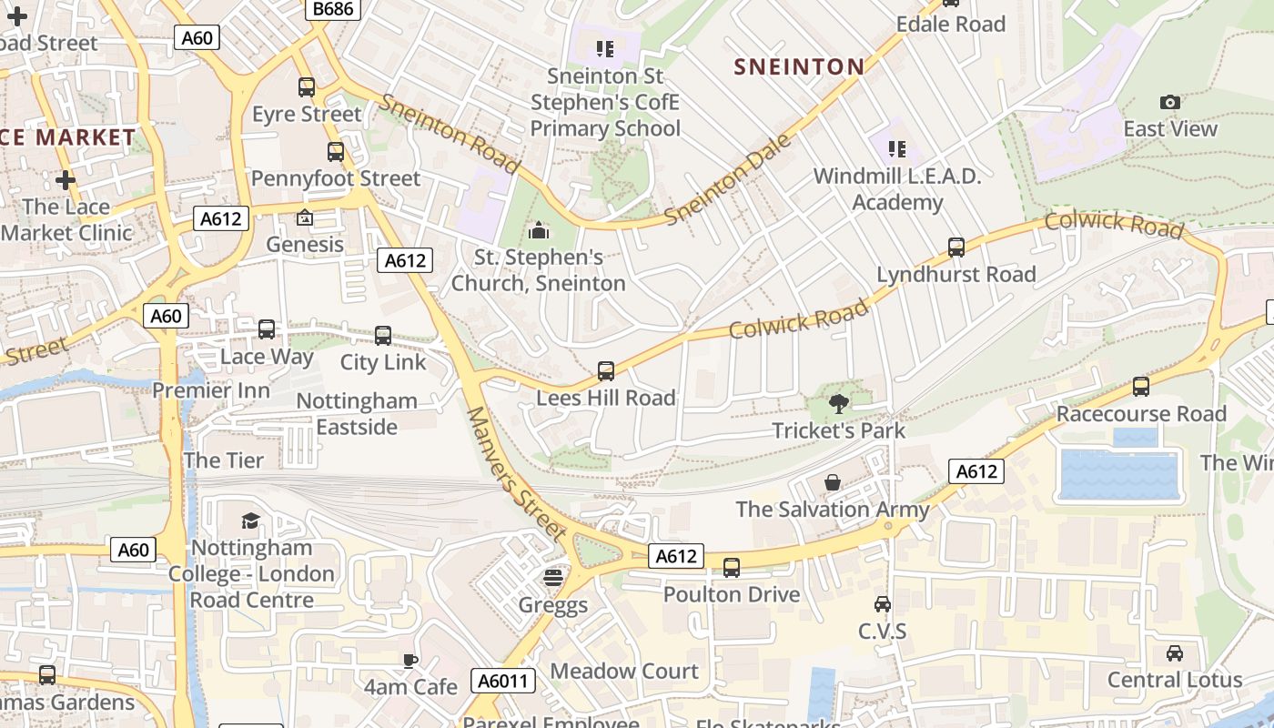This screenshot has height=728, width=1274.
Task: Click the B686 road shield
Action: [x=332, y=8]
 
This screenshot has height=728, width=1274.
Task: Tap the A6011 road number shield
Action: [x=503, y=681]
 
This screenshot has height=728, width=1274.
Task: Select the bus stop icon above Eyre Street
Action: [x=307, y=87]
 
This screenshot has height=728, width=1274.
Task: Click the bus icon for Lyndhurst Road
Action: [x=956, y=247]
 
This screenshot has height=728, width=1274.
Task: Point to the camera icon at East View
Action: [x=1170, y=102]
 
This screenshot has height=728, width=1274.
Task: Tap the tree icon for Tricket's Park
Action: [x=839, y=403]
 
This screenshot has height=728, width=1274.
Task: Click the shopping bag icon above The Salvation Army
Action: [x=832, y=482]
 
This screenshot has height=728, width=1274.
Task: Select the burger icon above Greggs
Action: [x=552, y=578]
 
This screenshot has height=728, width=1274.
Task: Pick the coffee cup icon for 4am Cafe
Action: [x=410, y=660]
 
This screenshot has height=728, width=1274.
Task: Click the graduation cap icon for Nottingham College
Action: [x=250, y=521]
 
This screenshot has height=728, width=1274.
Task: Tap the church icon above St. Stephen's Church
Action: [x=539, y=230]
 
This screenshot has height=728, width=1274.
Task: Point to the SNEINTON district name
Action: [x=799, y=66]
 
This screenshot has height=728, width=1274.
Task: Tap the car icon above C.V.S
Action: [x=882, y=604]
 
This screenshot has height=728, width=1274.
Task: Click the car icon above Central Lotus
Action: [x=1175, y=652]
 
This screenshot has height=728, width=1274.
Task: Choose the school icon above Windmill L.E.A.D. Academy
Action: [x=897, y=148]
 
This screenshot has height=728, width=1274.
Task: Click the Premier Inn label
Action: [x=211, y=390]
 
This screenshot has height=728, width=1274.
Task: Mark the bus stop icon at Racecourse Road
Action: [x=1141, y=387]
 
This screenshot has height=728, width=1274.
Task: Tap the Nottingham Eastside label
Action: [x=357, y=413]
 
